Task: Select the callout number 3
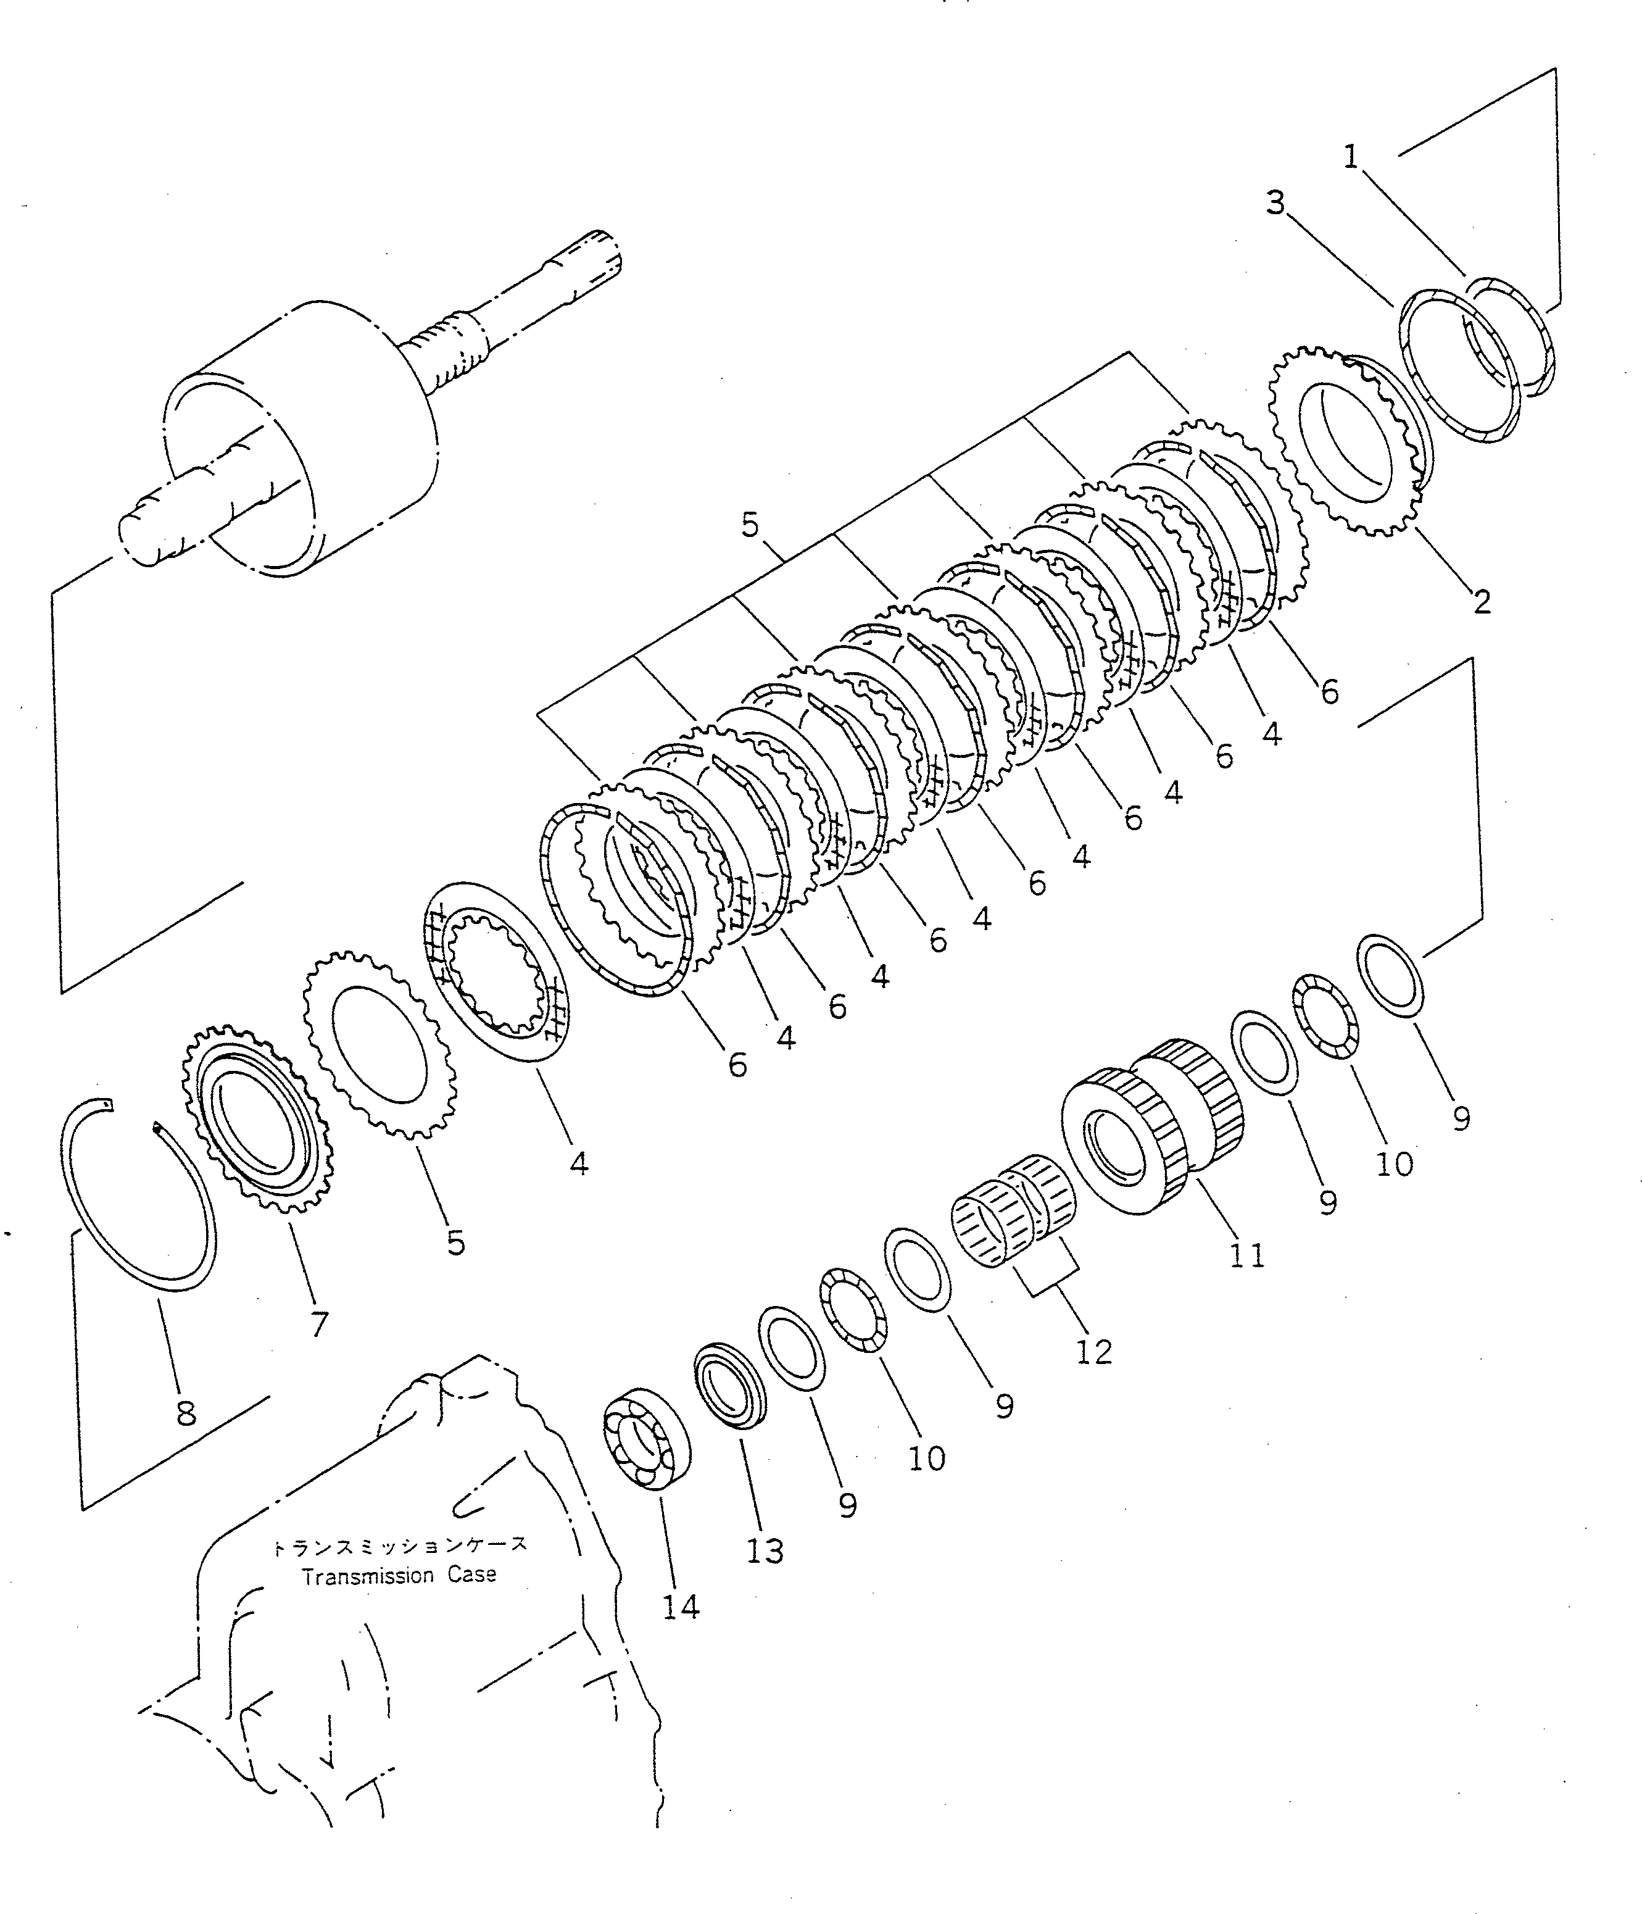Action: pyautogui.click(x=1275, y=203)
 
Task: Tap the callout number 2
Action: pyautogui.click(x=1482, y=601)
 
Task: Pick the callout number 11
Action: pyautogui.click(x=1246, y=1255)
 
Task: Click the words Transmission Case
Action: pyautogui.click(x=399, y=1575)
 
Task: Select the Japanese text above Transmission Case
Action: pyautogui.click(x=399, y=1546)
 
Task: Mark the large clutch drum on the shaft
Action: pyautogui.click(x=305, y=439)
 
